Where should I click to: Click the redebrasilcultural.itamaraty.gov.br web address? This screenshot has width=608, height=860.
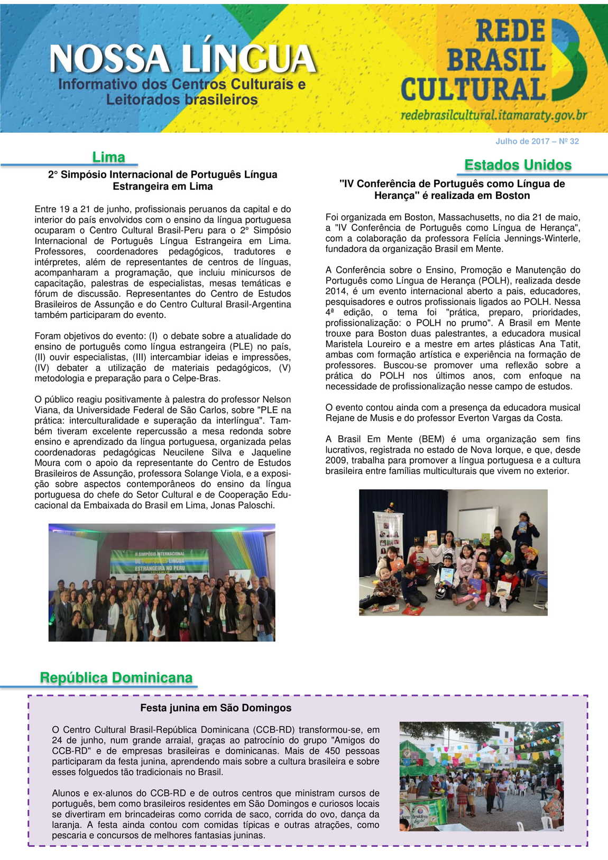[x=494, y=115]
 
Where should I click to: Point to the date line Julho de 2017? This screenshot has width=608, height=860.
[x=537, y=141]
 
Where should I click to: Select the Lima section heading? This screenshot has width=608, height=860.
[x=108, y=157]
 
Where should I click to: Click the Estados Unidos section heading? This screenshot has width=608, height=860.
[x=518, y=165]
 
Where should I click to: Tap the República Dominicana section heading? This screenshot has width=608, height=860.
[x=116, y=678]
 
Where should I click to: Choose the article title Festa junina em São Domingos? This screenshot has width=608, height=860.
[x=216, y=708]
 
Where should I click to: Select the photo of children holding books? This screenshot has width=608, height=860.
[x=453, y=552]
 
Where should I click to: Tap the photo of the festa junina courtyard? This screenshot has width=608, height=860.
[x=481, y=776]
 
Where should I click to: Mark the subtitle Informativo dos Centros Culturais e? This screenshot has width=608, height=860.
[x=182, y=84]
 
